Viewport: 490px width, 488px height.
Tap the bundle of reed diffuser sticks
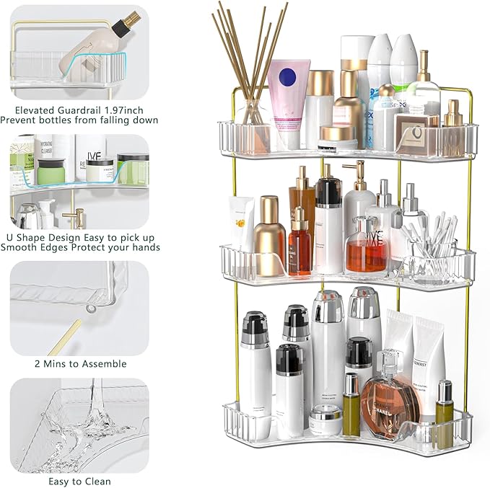point(249,58)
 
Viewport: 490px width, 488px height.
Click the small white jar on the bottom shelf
point(326,420)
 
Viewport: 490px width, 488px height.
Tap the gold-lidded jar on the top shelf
point(337,137)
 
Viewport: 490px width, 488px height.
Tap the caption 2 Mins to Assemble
point(79,363)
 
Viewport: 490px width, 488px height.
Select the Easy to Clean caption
point(79,482)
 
